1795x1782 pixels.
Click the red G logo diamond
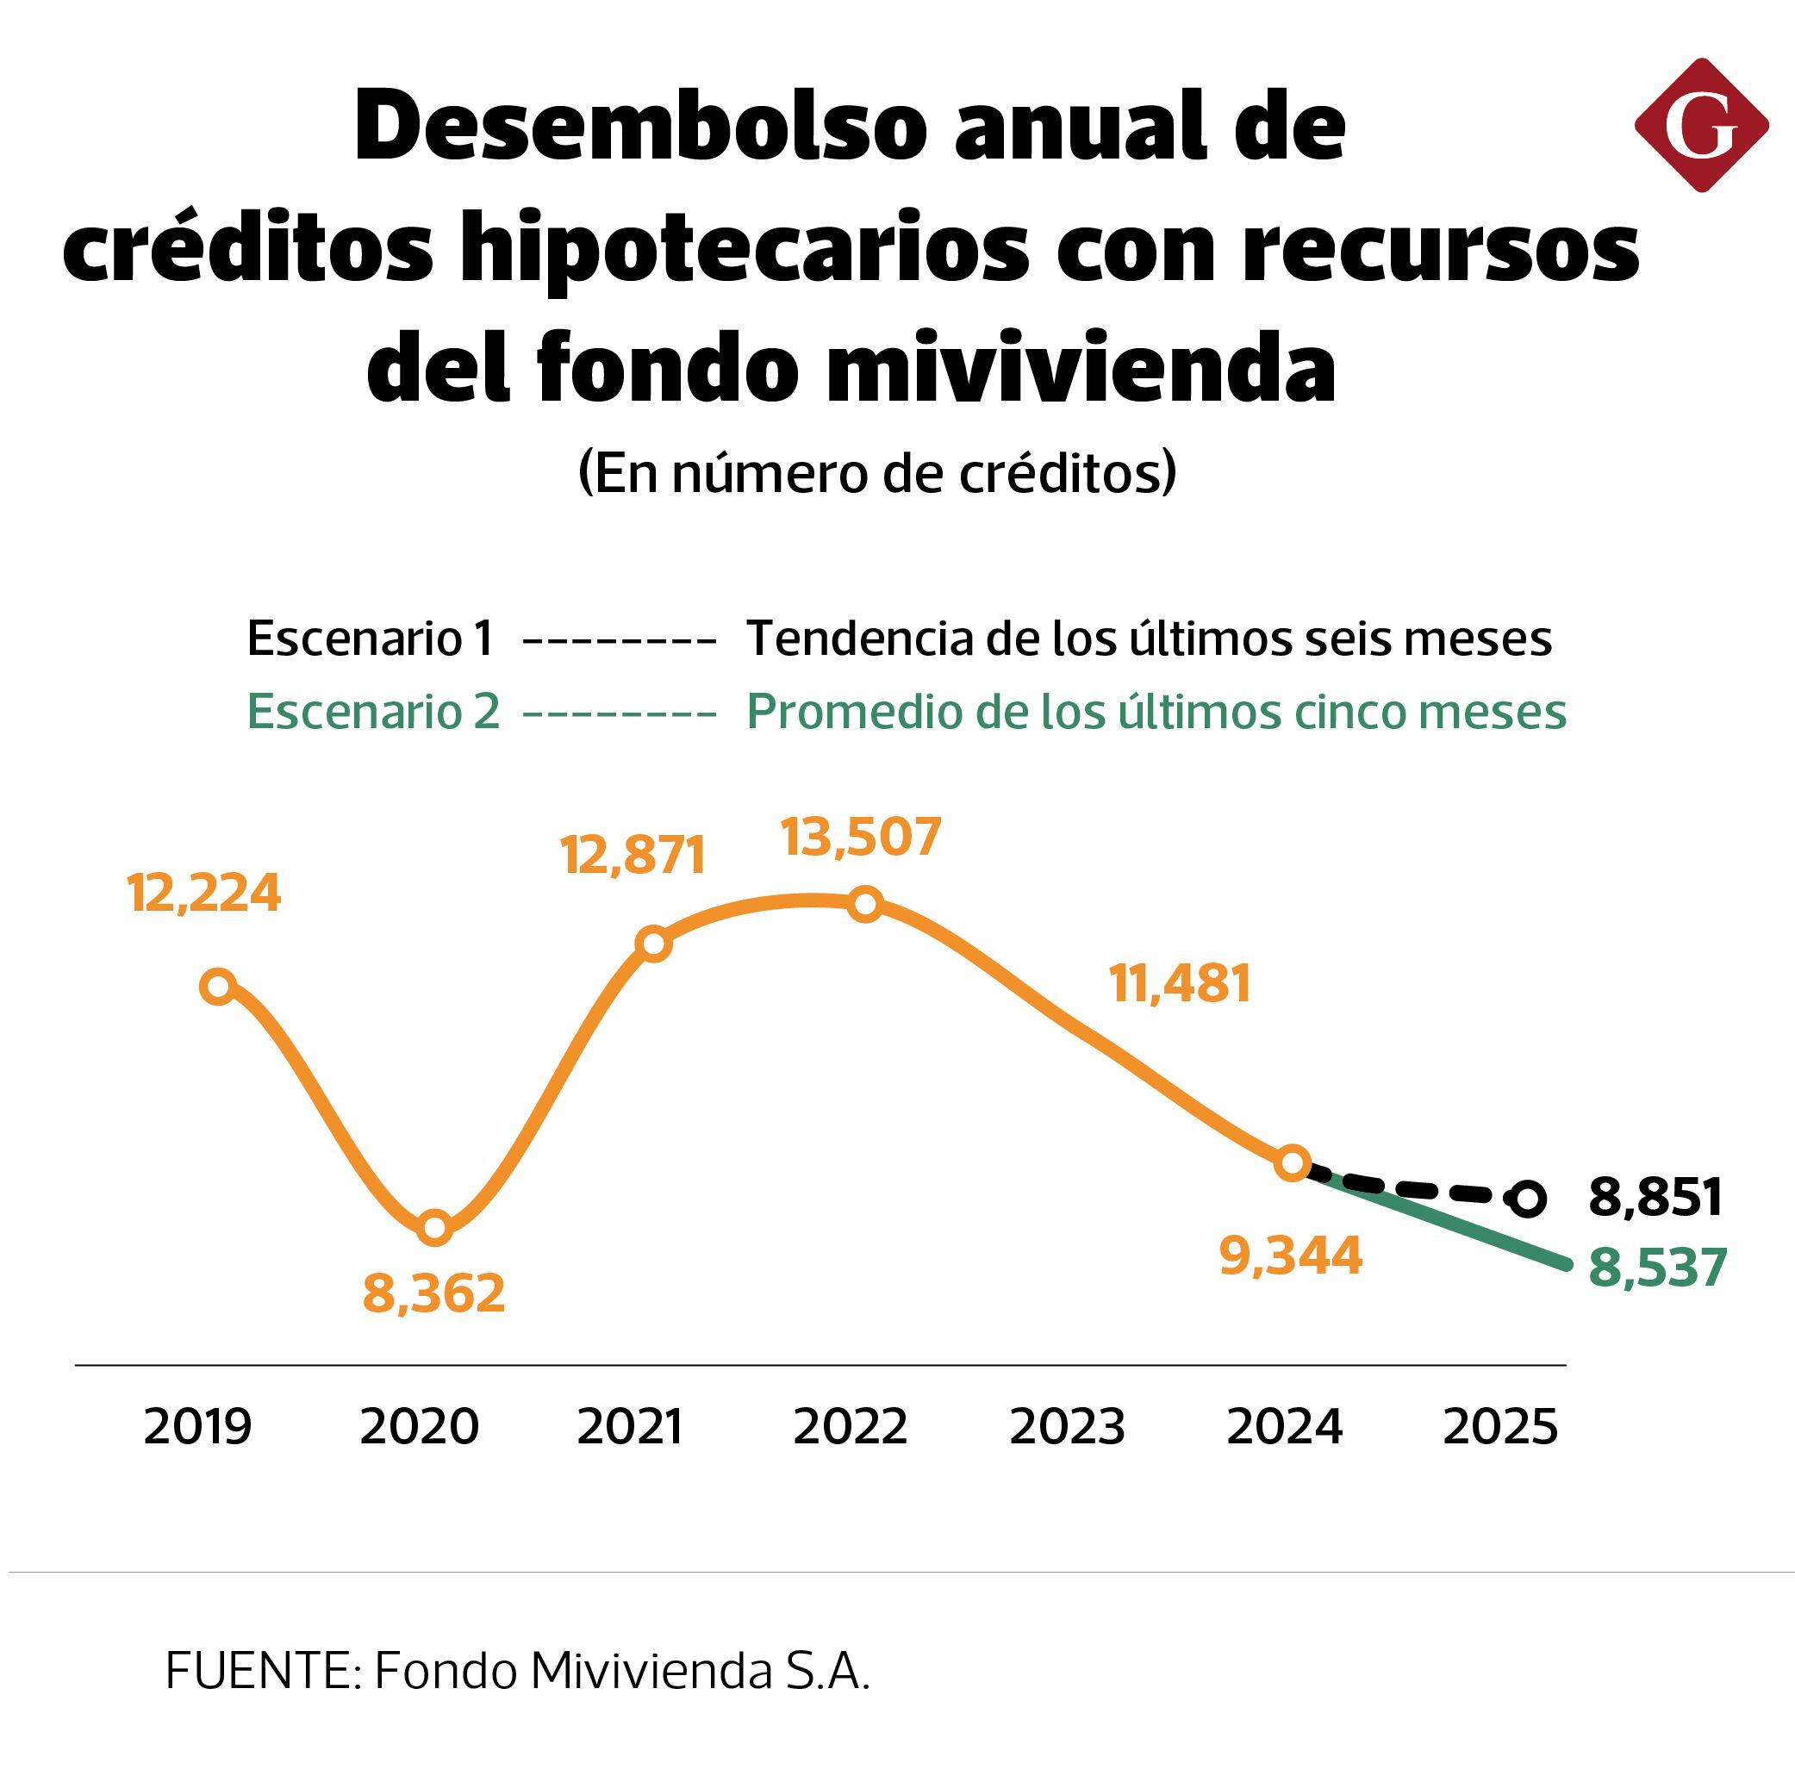coord(1700,126)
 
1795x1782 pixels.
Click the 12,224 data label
coord(204,894)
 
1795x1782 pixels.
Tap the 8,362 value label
coord(433,1293)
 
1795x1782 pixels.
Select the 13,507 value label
coord(861,836)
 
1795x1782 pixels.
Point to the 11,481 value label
coord(1180,983)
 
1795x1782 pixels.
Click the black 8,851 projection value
coord(1655,1197)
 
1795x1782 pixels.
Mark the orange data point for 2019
coord(218,986)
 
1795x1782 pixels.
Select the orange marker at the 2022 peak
coord(865,903)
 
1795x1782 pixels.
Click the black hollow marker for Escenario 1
coord(1527,1199)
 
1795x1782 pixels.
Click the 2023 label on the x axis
coord(1067,1426)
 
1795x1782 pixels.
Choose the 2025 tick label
coord(1499,1426)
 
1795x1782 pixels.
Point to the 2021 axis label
coord(630,1426)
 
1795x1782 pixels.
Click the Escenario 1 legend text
coord(370,639)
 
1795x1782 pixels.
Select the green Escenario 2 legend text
coord(373,712)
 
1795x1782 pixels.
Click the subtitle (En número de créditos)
coord(877,473)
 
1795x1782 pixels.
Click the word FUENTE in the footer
coord(258,1671)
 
